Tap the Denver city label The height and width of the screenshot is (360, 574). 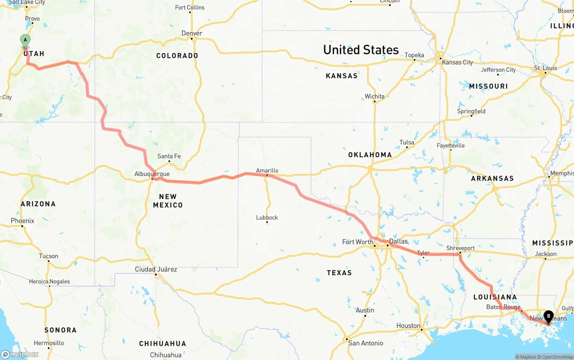point(192,33)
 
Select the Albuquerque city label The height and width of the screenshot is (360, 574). point(152,173)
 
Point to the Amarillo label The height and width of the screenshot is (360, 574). point(267,170)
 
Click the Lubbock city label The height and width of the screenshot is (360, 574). point(267,217)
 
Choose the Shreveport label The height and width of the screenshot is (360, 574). point(460,248)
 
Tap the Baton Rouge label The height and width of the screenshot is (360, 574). point(503,307)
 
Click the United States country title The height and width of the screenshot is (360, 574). point(361,50)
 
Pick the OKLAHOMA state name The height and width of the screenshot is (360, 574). point(370,155)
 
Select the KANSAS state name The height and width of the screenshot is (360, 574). point(342,76)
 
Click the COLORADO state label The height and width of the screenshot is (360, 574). point(177,56)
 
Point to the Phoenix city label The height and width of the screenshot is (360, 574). point(22,221)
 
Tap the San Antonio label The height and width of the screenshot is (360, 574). point(366,343)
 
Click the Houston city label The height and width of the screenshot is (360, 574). point(409,325)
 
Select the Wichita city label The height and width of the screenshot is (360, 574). point(374,96)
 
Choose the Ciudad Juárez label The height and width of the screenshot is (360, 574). point(156,269)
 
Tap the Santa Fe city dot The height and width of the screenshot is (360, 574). point(169,161)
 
